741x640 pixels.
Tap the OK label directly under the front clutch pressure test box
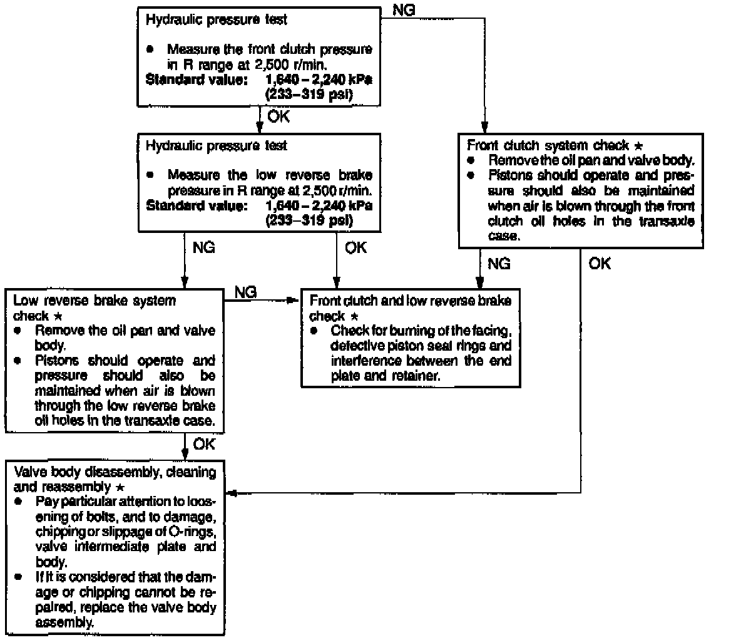coord(278,116)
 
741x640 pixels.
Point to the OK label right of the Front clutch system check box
coord(600,264)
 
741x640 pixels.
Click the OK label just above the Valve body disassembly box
coord(203,444)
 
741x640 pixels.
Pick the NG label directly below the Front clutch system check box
coord(499,264)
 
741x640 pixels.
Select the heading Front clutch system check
coord(548,145)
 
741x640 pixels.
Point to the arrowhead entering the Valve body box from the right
coord(232,493)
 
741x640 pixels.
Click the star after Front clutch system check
coord(638,145)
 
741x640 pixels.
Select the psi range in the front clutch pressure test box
coord(309,95)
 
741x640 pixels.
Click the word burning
coord(404,330)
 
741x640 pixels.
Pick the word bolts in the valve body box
coord(83,517)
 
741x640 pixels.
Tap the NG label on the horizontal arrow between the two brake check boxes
coord(246,292)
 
